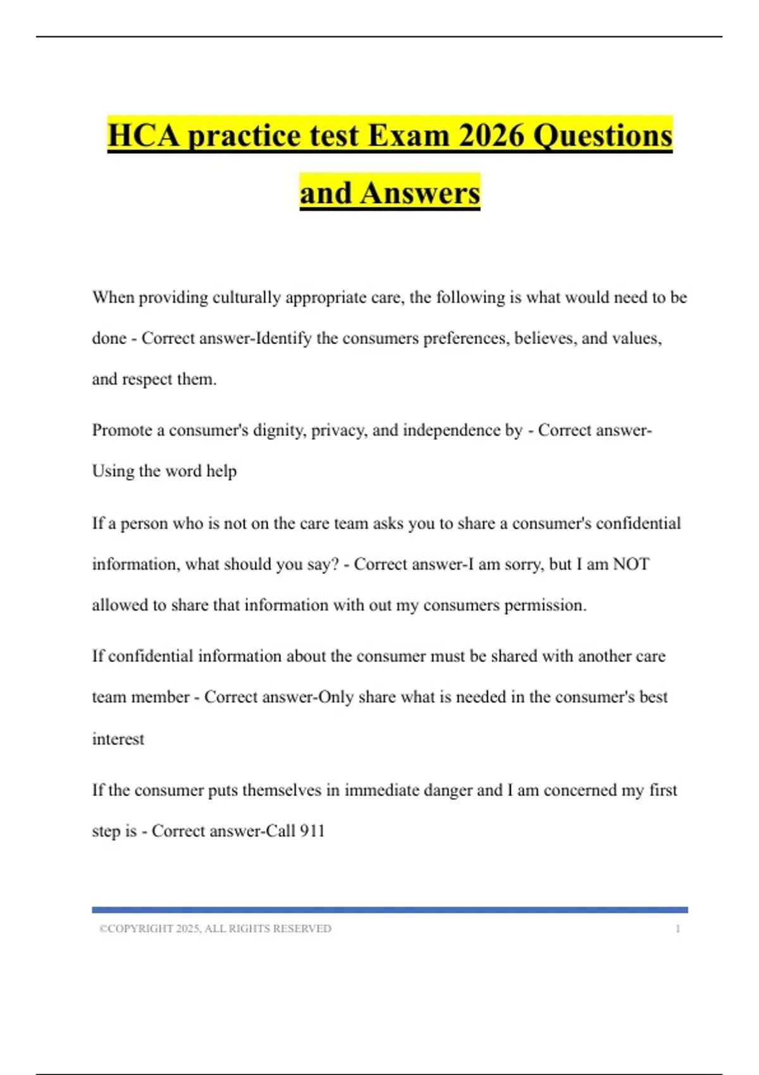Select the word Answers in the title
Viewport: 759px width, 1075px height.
(420, 193)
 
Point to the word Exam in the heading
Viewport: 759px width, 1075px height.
(408, 135)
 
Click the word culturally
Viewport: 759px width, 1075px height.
(246, 297)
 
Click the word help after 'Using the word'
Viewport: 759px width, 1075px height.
(221, 471)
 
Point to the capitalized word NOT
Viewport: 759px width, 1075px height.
(631, 564)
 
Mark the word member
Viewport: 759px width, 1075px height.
(163, 697)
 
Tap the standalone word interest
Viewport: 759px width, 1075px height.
(118, 739)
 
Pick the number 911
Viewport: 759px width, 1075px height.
(312, 831)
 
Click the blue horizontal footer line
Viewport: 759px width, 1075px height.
(390, 910)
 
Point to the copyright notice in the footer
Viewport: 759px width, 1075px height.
(215, 928)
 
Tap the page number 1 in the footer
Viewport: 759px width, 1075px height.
(677, 928)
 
